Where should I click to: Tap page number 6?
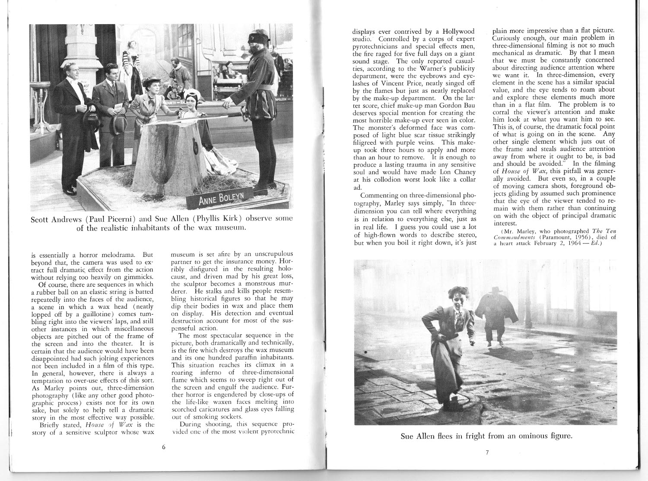coord(164,448)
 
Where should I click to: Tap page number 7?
coord(487,453)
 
